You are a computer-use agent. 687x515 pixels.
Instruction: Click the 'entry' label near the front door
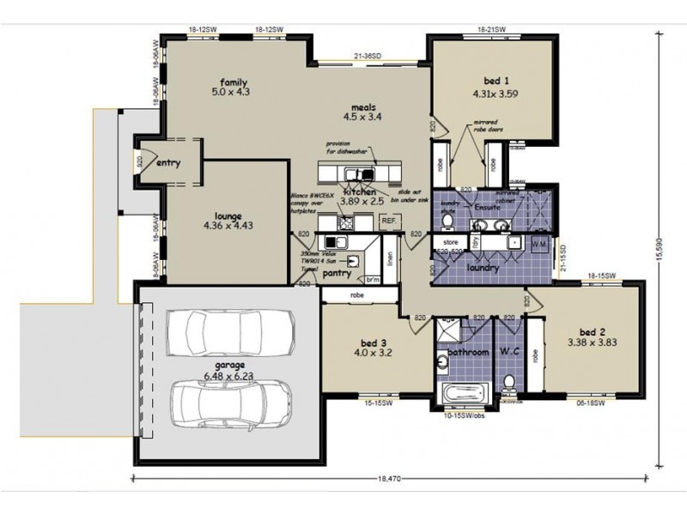168,163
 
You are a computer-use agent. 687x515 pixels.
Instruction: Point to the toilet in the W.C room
508,380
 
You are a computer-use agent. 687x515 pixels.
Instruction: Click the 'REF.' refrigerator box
387,221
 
